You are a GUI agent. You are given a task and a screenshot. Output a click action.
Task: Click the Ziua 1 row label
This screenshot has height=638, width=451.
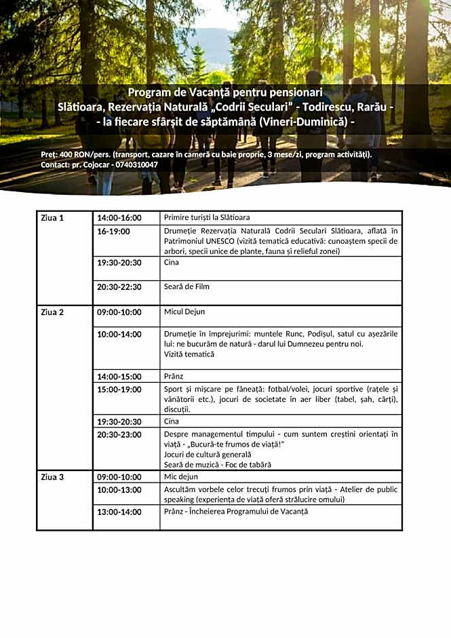coord(52,218)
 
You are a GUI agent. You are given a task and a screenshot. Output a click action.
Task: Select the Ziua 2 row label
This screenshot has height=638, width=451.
coord(52,312)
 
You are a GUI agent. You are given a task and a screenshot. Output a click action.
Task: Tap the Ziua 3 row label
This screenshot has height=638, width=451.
coord(52,477)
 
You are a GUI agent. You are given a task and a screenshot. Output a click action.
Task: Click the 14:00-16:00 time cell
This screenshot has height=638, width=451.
coord(119,218)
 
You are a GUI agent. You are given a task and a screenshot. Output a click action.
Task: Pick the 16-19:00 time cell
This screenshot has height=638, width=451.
coord(113,231)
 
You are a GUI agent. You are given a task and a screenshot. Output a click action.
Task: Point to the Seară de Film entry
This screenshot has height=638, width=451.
coord(187,287)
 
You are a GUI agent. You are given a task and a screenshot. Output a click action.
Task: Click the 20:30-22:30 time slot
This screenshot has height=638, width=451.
coord(119,287)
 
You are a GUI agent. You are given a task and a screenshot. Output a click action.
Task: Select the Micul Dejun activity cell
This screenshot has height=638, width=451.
coord(184,312)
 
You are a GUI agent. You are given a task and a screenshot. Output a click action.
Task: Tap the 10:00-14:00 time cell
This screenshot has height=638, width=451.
coord(119,334)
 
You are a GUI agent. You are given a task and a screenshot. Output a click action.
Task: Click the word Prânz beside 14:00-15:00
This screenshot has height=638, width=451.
coord(174,377)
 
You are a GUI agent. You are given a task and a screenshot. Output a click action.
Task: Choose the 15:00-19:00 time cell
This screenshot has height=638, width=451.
coord(119,390)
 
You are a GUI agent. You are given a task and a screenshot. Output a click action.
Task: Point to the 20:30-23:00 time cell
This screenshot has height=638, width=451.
coord(119,434)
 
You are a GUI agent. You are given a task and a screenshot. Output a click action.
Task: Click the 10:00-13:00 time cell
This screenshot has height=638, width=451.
coord(119,490)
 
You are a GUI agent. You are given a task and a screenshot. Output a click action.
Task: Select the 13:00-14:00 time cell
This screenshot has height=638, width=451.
coord(119,512)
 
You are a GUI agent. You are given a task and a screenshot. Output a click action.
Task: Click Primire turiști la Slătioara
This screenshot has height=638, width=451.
coord(207,218)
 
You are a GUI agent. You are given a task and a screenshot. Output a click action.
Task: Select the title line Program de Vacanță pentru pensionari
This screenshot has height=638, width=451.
coord(225,92)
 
